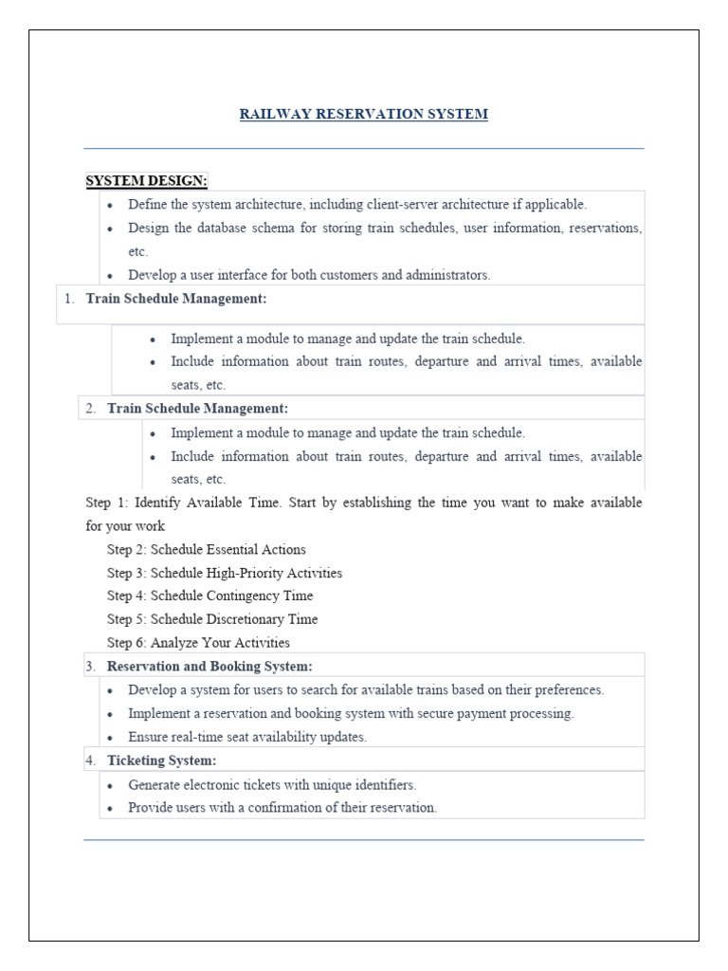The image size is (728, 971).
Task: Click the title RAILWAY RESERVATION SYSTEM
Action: click(364, 114)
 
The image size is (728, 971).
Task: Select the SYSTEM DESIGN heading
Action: click(147, 180)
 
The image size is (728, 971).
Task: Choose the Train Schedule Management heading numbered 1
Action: click(176, 299)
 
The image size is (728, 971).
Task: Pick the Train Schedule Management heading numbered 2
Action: click(197, 409)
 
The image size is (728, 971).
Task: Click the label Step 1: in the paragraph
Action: click(103, 503)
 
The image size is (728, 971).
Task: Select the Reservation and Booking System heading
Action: click(209, 667)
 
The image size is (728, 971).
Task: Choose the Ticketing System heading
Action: click(162, 760)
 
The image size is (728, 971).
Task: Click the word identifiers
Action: click(378, 785)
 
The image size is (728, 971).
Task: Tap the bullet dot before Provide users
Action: click(111, 809)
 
